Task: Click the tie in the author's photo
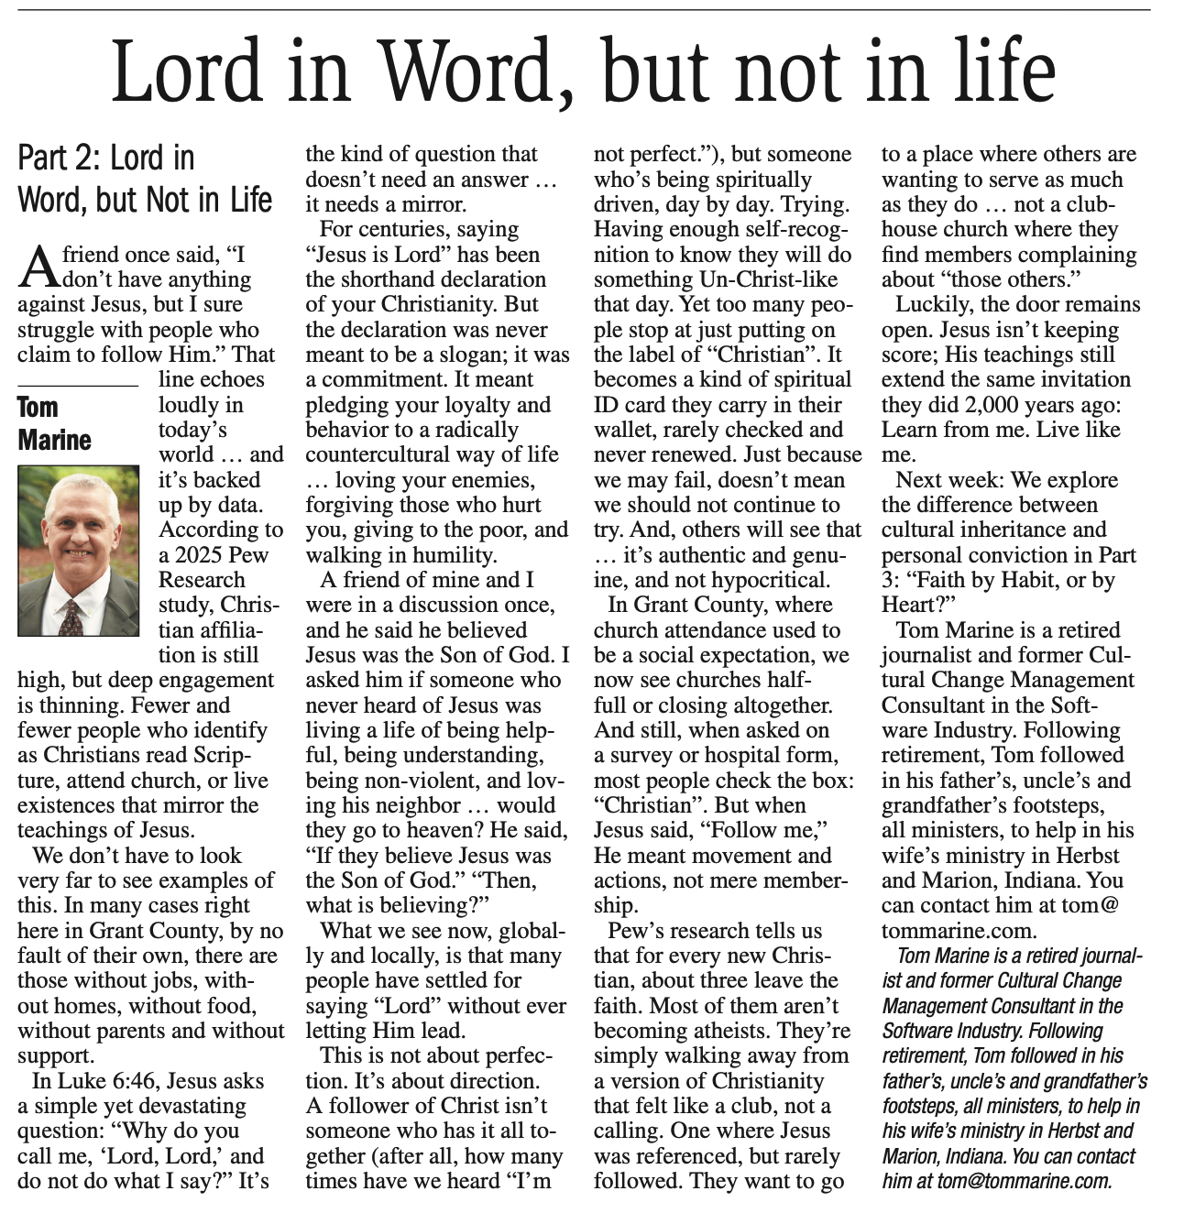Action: click(x=71, y=616)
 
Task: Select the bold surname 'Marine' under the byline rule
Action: click(x=55, y=440)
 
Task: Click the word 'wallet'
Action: click(x=625, y=430)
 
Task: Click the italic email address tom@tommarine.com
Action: click(x=1022, y=1181)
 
